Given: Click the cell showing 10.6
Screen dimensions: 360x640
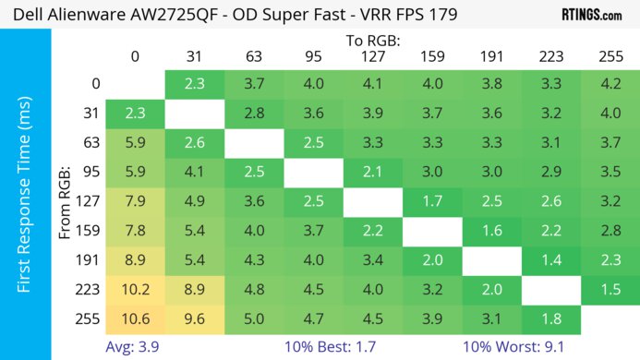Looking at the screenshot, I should (x=135, y=320).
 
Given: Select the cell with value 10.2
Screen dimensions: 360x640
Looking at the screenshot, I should (x=135, y=291).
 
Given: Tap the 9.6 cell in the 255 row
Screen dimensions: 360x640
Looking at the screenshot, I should (x=194, y=320).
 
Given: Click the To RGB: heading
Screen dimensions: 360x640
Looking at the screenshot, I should (x=373, y=41).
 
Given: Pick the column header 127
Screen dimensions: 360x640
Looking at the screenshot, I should (x=373, y=56).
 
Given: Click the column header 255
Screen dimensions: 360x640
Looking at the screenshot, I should (x=610, y=56).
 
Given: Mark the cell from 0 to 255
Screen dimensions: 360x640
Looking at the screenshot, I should (x=610, y=84).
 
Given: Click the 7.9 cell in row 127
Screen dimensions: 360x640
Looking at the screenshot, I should (x=135, y=202).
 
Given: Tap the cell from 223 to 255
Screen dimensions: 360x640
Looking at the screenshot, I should (x=610, y=291).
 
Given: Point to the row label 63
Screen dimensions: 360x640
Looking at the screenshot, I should (x=90, y=143).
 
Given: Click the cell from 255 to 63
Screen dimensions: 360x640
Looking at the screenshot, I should (x=254, y=320).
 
